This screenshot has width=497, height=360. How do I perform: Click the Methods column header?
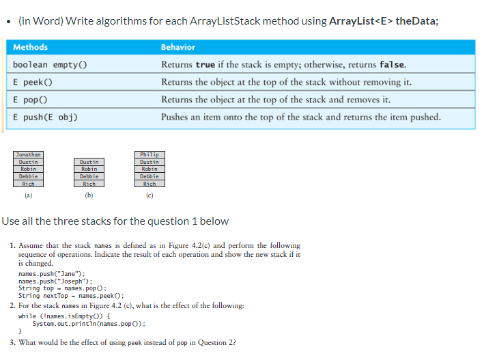point(31,47)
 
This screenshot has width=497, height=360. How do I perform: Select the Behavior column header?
point(178,47)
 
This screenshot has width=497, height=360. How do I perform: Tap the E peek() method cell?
point(34,82)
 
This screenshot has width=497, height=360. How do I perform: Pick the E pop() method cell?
point(31,99)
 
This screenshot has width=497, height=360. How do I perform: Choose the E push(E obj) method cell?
point(45,117)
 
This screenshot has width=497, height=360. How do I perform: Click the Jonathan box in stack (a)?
point(29,154)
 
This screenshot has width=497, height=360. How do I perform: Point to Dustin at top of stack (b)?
point(89,162)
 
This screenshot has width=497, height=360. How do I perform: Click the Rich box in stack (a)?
point(29,183)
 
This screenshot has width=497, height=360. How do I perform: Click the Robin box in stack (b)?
point(89,169)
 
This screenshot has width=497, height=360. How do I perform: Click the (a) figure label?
point(28,195)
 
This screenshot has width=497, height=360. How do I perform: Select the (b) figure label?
point(89,195)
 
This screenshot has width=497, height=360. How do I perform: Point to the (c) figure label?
point(149,195)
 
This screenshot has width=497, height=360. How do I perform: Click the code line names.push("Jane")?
point(51,274)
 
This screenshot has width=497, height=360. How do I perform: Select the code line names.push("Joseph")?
point(55,281)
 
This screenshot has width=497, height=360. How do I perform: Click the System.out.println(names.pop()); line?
point(89,324)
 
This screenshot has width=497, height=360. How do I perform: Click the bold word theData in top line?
point(415,20)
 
